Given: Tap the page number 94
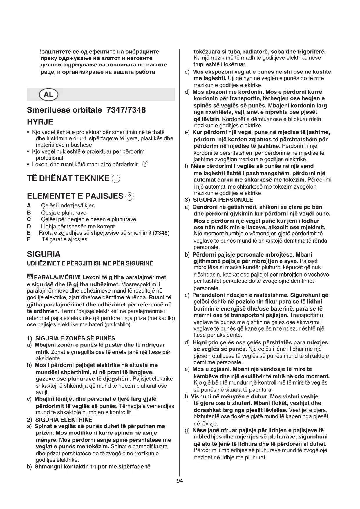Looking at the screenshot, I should [180, 481].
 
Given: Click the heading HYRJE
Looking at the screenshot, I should [40, 122].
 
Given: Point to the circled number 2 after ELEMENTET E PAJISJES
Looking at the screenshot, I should [129, 196].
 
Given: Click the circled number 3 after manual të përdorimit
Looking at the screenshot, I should [145, 164].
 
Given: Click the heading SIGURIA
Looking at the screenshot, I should [44, 254].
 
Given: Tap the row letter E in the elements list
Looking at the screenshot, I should [29, 233].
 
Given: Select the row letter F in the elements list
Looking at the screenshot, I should [28, 239].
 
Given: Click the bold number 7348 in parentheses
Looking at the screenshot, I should [161, 233].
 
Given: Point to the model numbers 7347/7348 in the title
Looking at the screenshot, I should [126, 110].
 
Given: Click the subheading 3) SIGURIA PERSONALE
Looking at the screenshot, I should [219, 200].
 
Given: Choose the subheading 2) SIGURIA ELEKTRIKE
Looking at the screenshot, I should [59, 419].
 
